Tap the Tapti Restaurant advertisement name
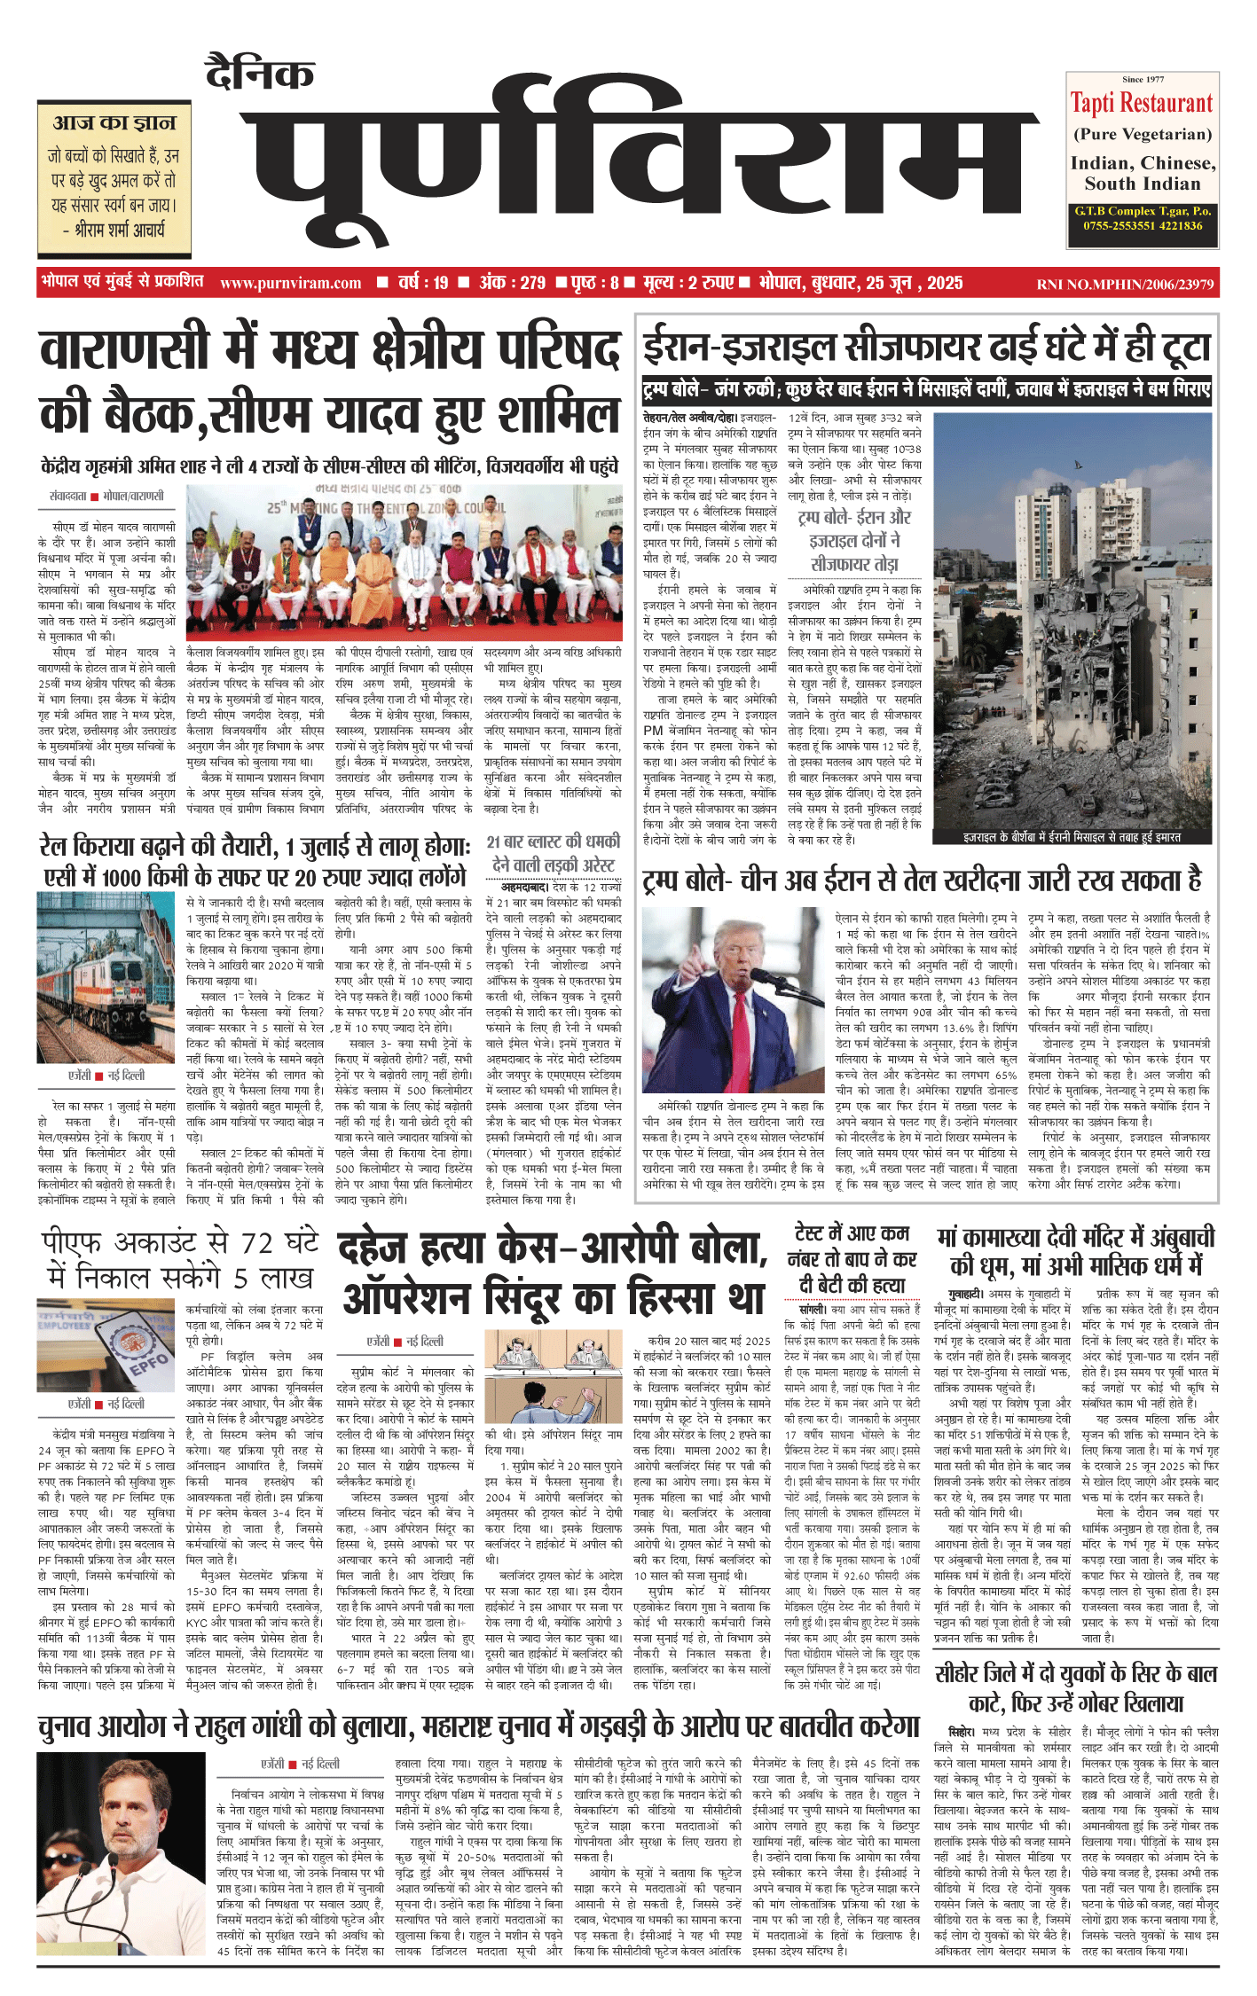tap(1142, 104)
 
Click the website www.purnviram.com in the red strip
tap(290, 284)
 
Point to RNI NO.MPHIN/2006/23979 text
tap(1125, 285)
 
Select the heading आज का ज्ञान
tap(114, 122)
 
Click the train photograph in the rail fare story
tap(106, 975)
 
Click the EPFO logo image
tap(106, 1347)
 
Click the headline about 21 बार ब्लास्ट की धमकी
tap(553, 853)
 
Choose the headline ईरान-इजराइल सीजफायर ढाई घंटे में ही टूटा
tap(927, 348)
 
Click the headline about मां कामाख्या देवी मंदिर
tap(1076, 1249)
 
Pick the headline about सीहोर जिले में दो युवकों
tap(1076, 1687)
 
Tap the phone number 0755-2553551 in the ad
tap(1109, 226)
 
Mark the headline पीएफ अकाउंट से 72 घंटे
tap(180, 1259)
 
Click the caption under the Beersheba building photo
tap(1072, 836)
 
